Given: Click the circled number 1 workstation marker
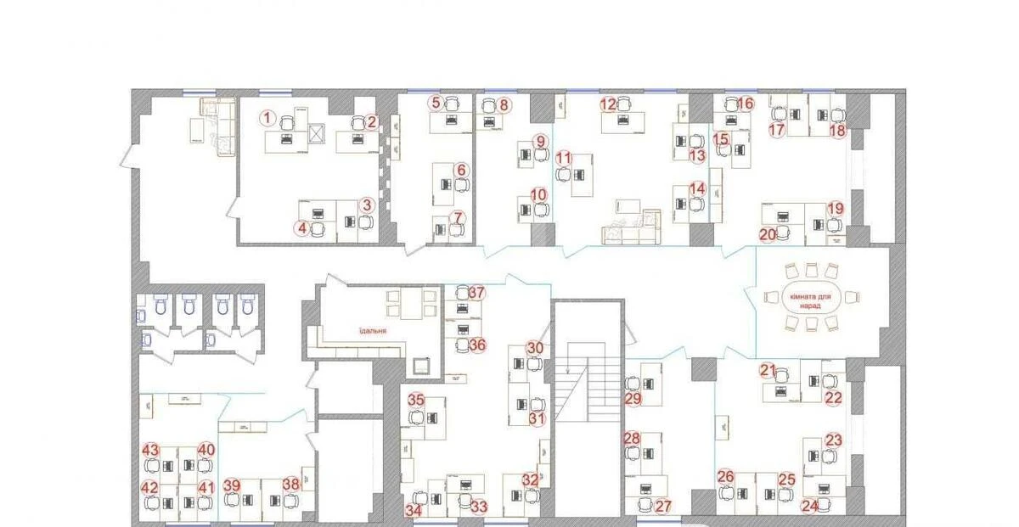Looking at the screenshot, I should (267, 118).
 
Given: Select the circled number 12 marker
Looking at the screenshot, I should (608, 104).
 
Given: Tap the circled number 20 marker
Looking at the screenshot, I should (768, 234).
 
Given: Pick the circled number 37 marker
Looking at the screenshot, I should (476, 293).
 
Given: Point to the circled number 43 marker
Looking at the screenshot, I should (151, 449).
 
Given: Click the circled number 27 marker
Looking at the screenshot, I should (663, 507).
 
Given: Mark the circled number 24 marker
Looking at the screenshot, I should (810, 507).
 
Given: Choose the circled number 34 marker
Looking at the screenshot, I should (414, 510).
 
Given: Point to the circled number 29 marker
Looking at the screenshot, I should (633, 398).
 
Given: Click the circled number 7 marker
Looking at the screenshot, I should (458, 218).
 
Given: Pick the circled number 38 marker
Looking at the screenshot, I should (290, 484).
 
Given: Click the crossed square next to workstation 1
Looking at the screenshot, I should (318, 135).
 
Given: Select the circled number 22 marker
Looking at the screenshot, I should (834, 396).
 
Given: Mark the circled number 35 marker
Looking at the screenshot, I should (415, 400).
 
